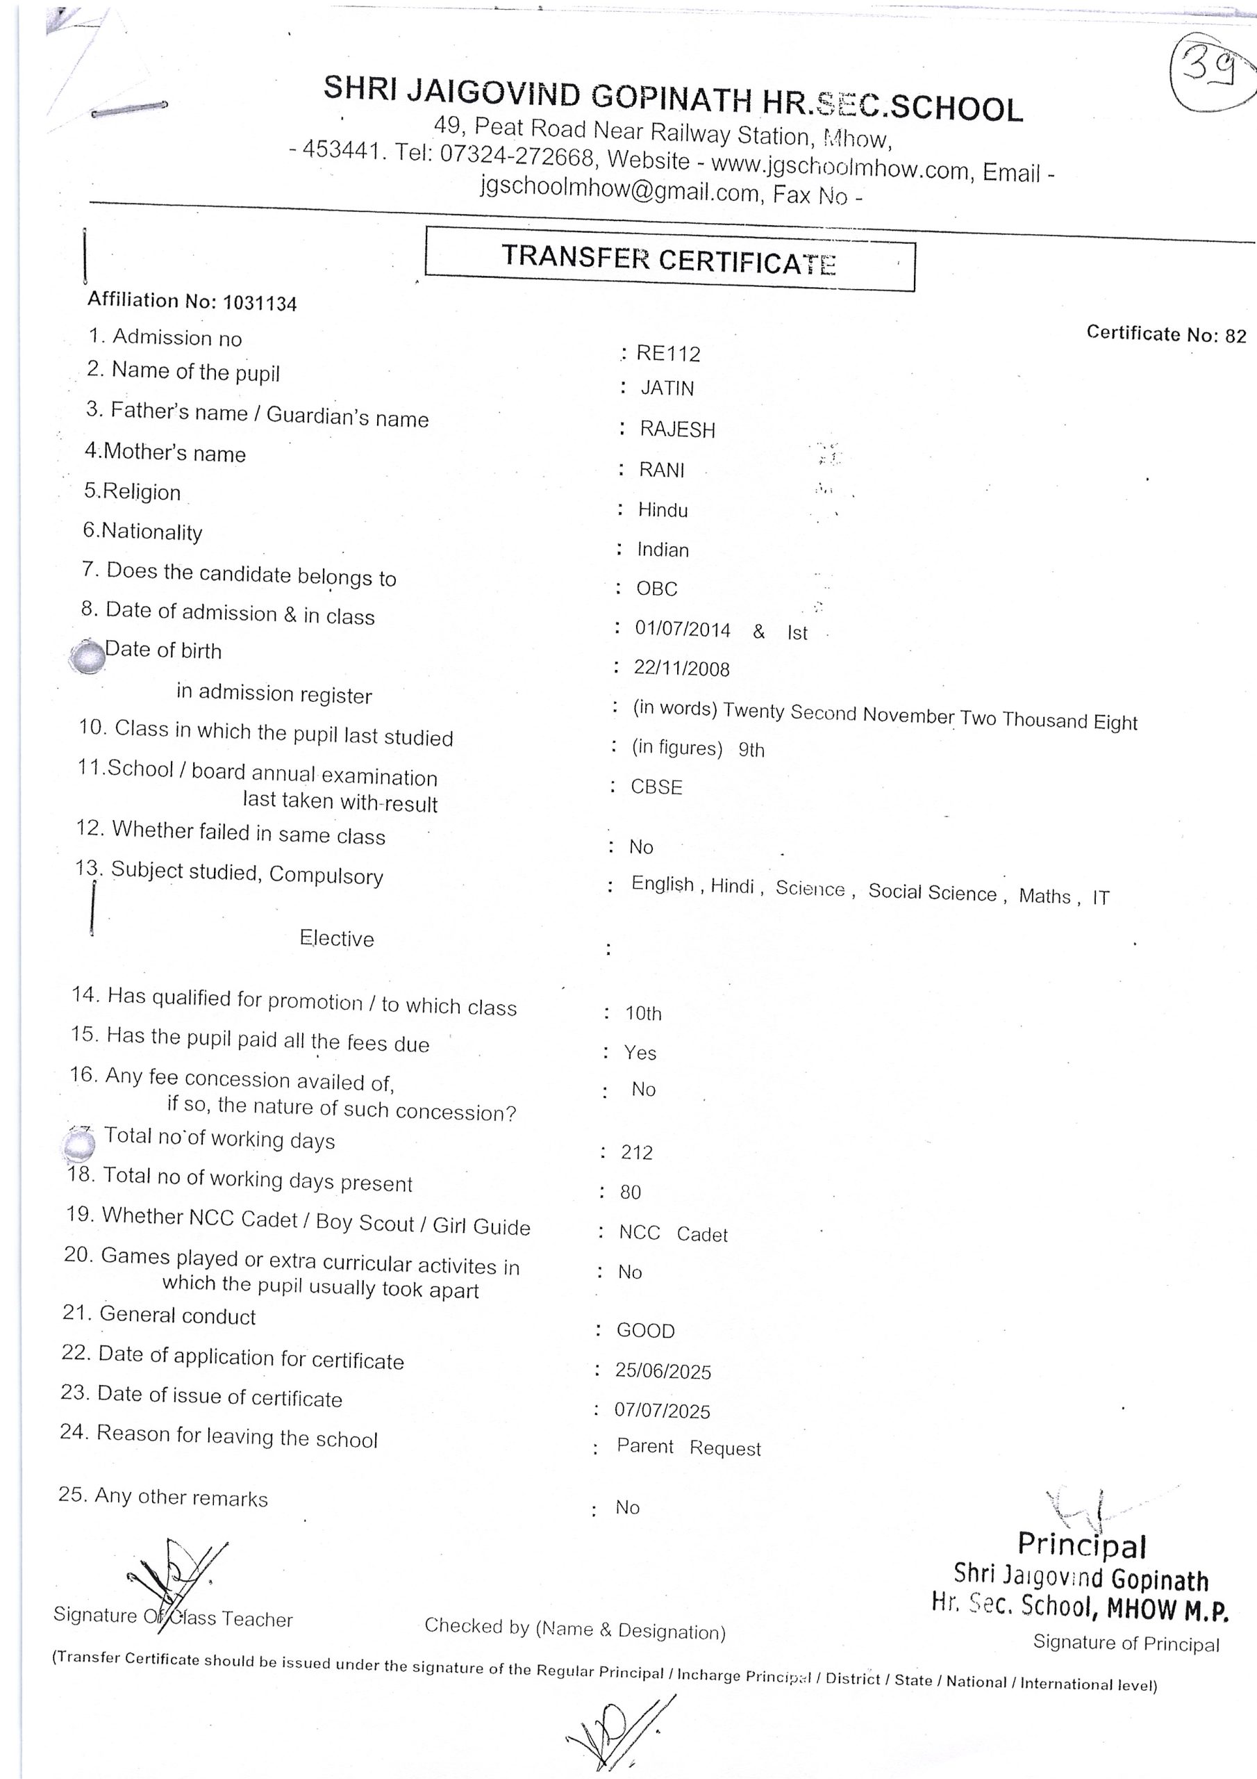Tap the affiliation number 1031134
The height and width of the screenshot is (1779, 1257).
[x=260, y=303]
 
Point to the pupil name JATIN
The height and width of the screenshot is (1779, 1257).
[x=667, y=388]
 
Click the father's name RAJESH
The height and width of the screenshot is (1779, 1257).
[x=677, y=429]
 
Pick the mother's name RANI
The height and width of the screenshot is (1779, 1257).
[x=661, y=470]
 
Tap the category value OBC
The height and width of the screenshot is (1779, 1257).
[x=657, y=589]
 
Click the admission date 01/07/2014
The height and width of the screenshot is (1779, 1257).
[x=683, y=629]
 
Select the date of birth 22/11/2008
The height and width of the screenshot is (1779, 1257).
[x=681, y=669]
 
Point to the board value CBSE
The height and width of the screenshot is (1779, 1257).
[x=656, y=787]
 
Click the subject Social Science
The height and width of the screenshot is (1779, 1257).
[x=932, y=892]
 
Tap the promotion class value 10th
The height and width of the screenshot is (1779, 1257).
[x=643, y=1013]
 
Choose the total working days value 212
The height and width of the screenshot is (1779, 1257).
[x=637, y=1153]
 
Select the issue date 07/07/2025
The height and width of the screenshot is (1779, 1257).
[x=663, y=1411]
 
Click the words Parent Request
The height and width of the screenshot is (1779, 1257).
[x=688, y=1448]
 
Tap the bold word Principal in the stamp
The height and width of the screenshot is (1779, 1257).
[x=1081, y=1544]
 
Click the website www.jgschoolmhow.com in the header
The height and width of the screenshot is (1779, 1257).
[x=840, y=167]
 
